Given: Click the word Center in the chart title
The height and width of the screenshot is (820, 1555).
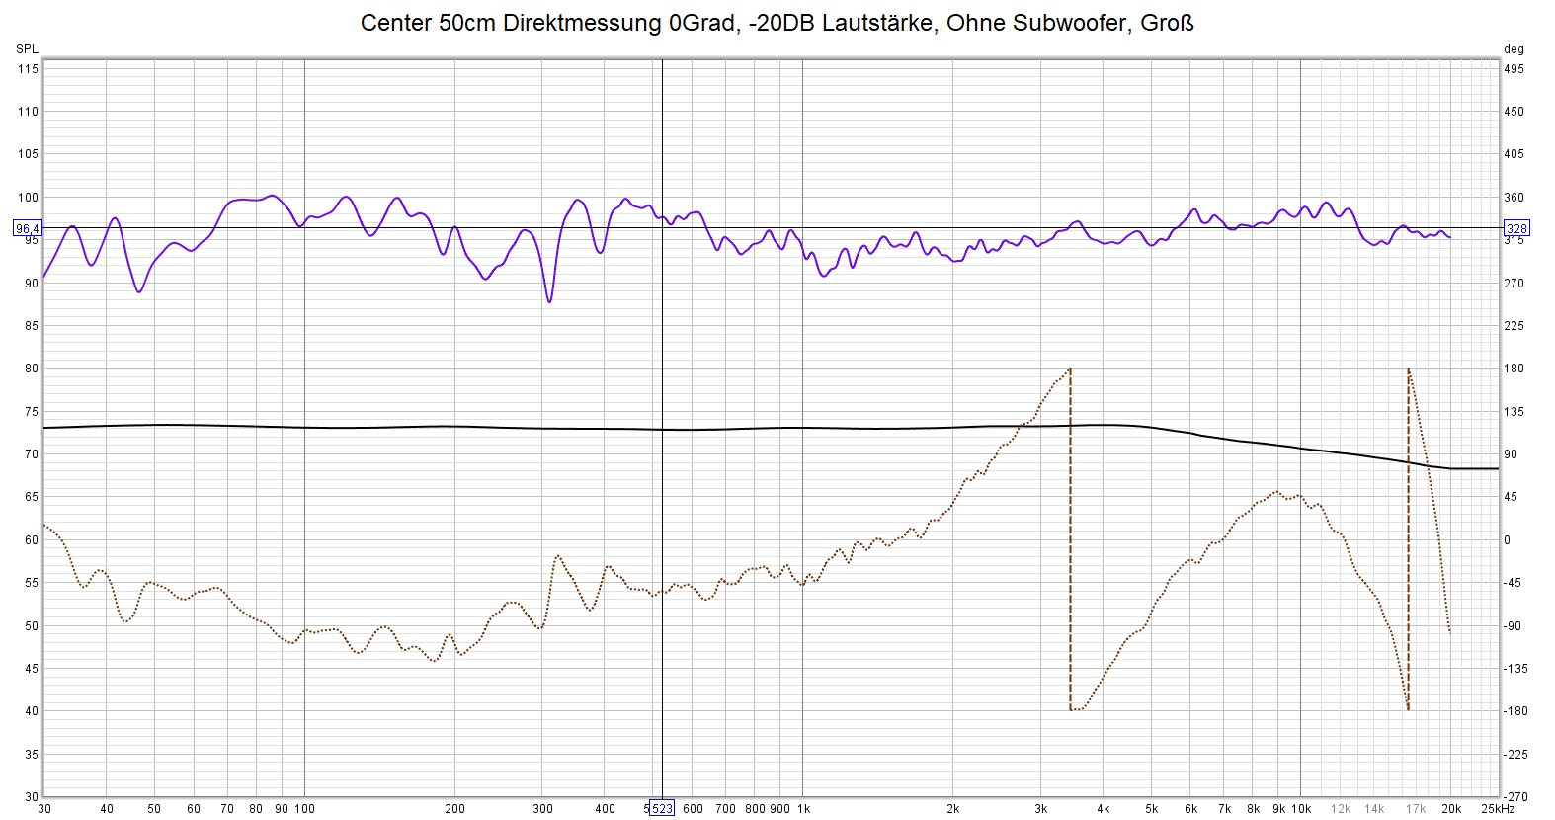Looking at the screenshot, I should [395, 23].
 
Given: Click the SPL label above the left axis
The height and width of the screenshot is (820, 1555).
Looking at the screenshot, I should [27, 49].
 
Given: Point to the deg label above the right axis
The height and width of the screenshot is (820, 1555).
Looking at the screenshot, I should [1514, 49].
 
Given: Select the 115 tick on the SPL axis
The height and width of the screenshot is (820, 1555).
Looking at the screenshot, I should [28, 69].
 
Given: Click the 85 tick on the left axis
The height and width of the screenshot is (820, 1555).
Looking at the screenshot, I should [32, 326].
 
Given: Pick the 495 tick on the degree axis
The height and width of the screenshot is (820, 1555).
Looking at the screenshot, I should [1514, 69].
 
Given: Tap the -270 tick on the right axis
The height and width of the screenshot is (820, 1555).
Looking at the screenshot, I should [1515, 796].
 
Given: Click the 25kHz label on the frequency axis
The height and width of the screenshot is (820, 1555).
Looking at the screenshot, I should [1497, 809].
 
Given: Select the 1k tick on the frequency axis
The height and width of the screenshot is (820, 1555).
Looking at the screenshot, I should [803, 809].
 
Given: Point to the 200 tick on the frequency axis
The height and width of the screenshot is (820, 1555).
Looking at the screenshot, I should [454, 809].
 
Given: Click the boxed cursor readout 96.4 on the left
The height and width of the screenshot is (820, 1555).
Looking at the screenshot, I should [28, 229].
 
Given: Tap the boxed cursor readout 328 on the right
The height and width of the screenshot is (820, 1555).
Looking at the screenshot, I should [1516, 229].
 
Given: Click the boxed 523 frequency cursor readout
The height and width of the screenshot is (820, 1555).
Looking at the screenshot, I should [661, 809].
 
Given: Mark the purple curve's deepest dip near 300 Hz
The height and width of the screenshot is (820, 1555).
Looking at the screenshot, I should [549, 301].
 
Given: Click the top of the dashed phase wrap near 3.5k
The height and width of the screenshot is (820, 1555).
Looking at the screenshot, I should [1070, 369].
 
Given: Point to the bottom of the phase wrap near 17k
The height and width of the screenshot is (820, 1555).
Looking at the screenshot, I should [1408, 709].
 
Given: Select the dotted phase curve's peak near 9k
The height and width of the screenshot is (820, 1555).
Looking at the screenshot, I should [1276, 491].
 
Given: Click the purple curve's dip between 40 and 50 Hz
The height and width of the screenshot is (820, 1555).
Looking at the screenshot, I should [139, 291].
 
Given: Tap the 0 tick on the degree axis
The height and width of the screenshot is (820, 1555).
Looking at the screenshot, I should [1508, 540].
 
